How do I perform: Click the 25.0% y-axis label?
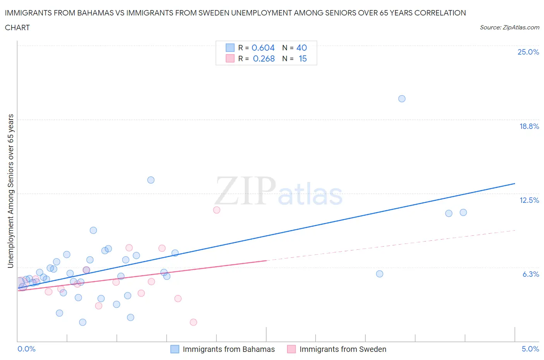[528, 52]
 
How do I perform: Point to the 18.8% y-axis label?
[529, 126]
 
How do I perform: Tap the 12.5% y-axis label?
[529, 200]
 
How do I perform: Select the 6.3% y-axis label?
[530, 274]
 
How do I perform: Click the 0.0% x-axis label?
[26, 349]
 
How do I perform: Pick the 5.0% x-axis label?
[530, 349]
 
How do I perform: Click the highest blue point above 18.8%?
[402, 99]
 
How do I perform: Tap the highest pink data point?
[217, 210]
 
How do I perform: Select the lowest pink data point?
[193, 322]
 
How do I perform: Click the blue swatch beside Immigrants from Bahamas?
[175, 349]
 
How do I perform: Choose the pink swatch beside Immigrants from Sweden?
[291, 349]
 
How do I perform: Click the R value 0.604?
[263, 48]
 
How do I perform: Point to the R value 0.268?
[264, 58]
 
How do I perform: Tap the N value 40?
[301, 48]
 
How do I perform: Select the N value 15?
[303, 58]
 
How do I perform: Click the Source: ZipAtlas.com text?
[509, 27]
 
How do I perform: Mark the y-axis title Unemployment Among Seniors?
[11, 191]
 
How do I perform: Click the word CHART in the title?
[17, 27]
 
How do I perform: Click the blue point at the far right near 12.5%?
[463, 212]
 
